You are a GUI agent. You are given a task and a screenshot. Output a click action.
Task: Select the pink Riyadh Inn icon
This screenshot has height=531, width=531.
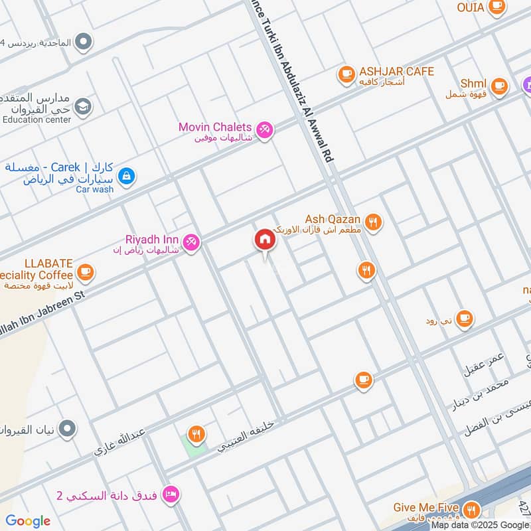click(x=191, y=243)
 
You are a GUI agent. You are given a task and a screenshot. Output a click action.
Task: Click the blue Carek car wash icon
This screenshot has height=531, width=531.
click(x=125, y=177)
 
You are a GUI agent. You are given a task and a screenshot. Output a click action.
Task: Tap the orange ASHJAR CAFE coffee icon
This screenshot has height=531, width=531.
click(x=346, y=75)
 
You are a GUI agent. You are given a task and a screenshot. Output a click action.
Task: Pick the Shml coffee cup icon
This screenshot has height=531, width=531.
click(x=499, y=85)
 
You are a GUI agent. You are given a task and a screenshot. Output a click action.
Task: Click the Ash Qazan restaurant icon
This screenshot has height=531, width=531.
click(x=374, y=223)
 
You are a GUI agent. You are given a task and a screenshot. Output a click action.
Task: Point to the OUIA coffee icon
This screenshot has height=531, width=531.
click(x=496, y=7)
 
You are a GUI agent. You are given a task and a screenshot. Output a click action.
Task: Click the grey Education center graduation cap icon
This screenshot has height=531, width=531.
click(x=83, y=106)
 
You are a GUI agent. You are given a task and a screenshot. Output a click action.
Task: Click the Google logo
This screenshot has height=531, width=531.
click(x=28, y=521)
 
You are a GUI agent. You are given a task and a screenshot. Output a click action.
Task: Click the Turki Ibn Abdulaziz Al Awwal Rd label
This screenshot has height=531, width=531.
click(x=299, y=86)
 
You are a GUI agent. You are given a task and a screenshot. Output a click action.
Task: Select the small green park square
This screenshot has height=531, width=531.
click(x=194, y=443)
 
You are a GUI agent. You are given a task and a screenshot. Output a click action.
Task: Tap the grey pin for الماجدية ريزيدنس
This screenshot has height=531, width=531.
click(x=83, y=43)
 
